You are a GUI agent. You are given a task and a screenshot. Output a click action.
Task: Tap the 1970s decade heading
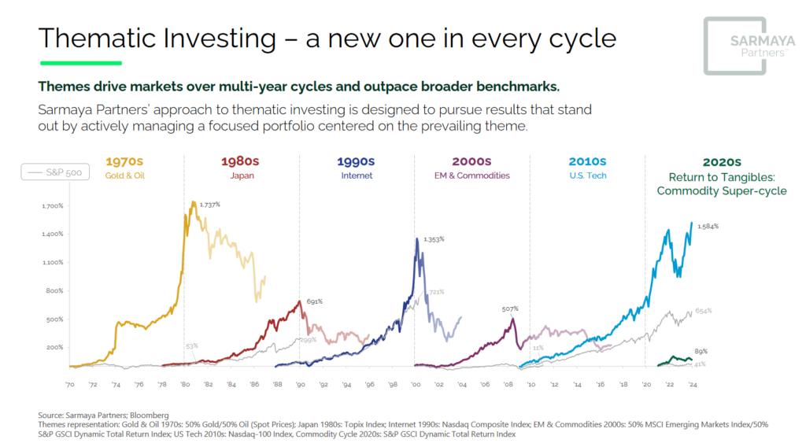pyautogui.click(x=125, y=161)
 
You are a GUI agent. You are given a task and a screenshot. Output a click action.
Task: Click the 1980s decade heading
pyautogui.click(x=240, y=161)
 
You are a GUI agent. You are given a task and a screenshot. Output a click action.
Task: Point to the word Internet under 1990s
pyautogui.click(x=357, y=175)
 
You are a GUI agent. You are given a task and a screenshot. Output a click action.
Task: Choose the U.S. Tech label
pyautogui.click(x=587, y=175)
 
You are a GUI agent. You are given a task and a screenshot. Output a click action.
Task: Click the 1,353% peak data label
pyautogui.click(x=434, y=238)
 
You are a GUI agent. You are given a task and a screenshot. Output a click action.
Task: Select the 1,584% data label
pyautogui.click(x=708, y=226)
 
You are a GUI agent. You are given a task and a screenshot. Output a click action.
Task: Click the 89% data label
pyautogui.click(x=700, y=351)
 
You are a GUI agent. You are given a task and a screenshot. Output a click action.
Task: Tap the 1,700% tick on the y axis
pyautogui.click(x=52, y=206)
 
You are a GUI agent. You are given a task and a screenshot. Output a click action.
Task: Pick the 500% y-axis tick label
pyautogui.click(x=54, y=320)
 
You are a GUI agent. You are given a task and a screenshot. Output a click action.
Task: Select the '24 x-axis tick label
pyautogui.click(x=692, y=384)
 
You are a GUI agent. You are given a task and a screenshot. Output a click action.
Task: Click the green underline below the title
pyautogui.click(x=80, y=62)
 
